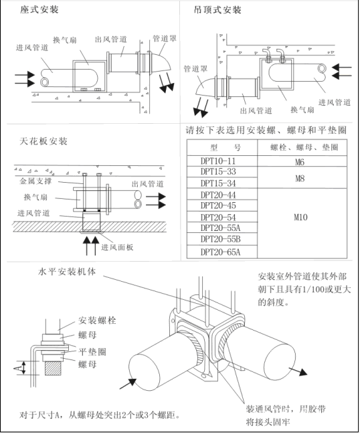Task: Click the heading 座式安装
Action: (x=39, y=9)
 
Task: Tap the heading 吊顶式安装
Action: (x=217, y=10)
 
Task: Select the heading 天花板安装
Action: (x=43, y=141)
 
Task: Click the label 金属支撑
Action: (x=35, y=181)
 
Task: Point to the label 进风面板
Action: (x=117, y=247)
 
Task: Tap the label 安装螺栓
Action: (x=97, y=321)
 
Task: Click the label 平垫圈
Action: (x=92, y=352)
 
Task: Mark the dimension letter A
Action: (x=16, y=368)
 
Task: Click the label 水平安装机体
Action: (x=67, y=272)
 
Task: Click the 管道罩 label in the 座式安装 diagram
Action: (x=165, y=38)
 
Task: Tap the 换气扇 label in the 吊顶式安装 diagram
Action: (x=302, y=110)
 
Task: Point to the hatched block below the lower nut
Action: (x=53, y=368)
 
